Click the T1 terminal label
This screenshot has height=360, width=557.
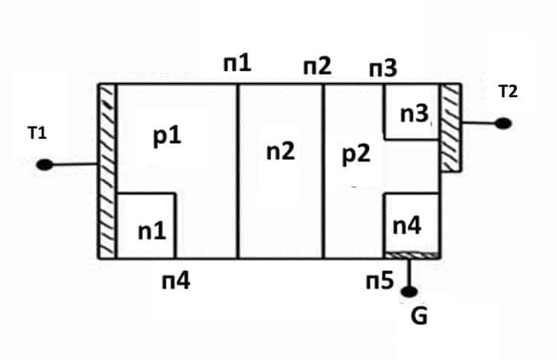pos(38,134)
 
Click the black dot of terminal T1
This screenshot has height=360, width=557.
pos(45,165)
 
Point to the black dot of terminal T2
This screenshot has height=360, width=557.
pos(503,122)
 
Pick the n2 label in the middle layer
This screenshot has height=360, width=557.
pos(280,151)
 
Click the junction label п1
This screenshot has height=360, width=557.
pos(237,64)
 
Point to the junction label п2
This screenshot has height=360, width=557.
pos(317,67)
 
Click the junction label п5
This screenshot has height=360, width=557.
pos(381,280)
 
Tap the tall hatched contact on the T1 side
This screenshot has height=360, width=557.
pos(107,171)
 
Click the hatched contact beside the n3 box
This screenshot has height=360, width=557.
pos(450,128)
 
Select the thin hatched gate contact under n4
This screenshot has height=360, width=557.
pos(410,255)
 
